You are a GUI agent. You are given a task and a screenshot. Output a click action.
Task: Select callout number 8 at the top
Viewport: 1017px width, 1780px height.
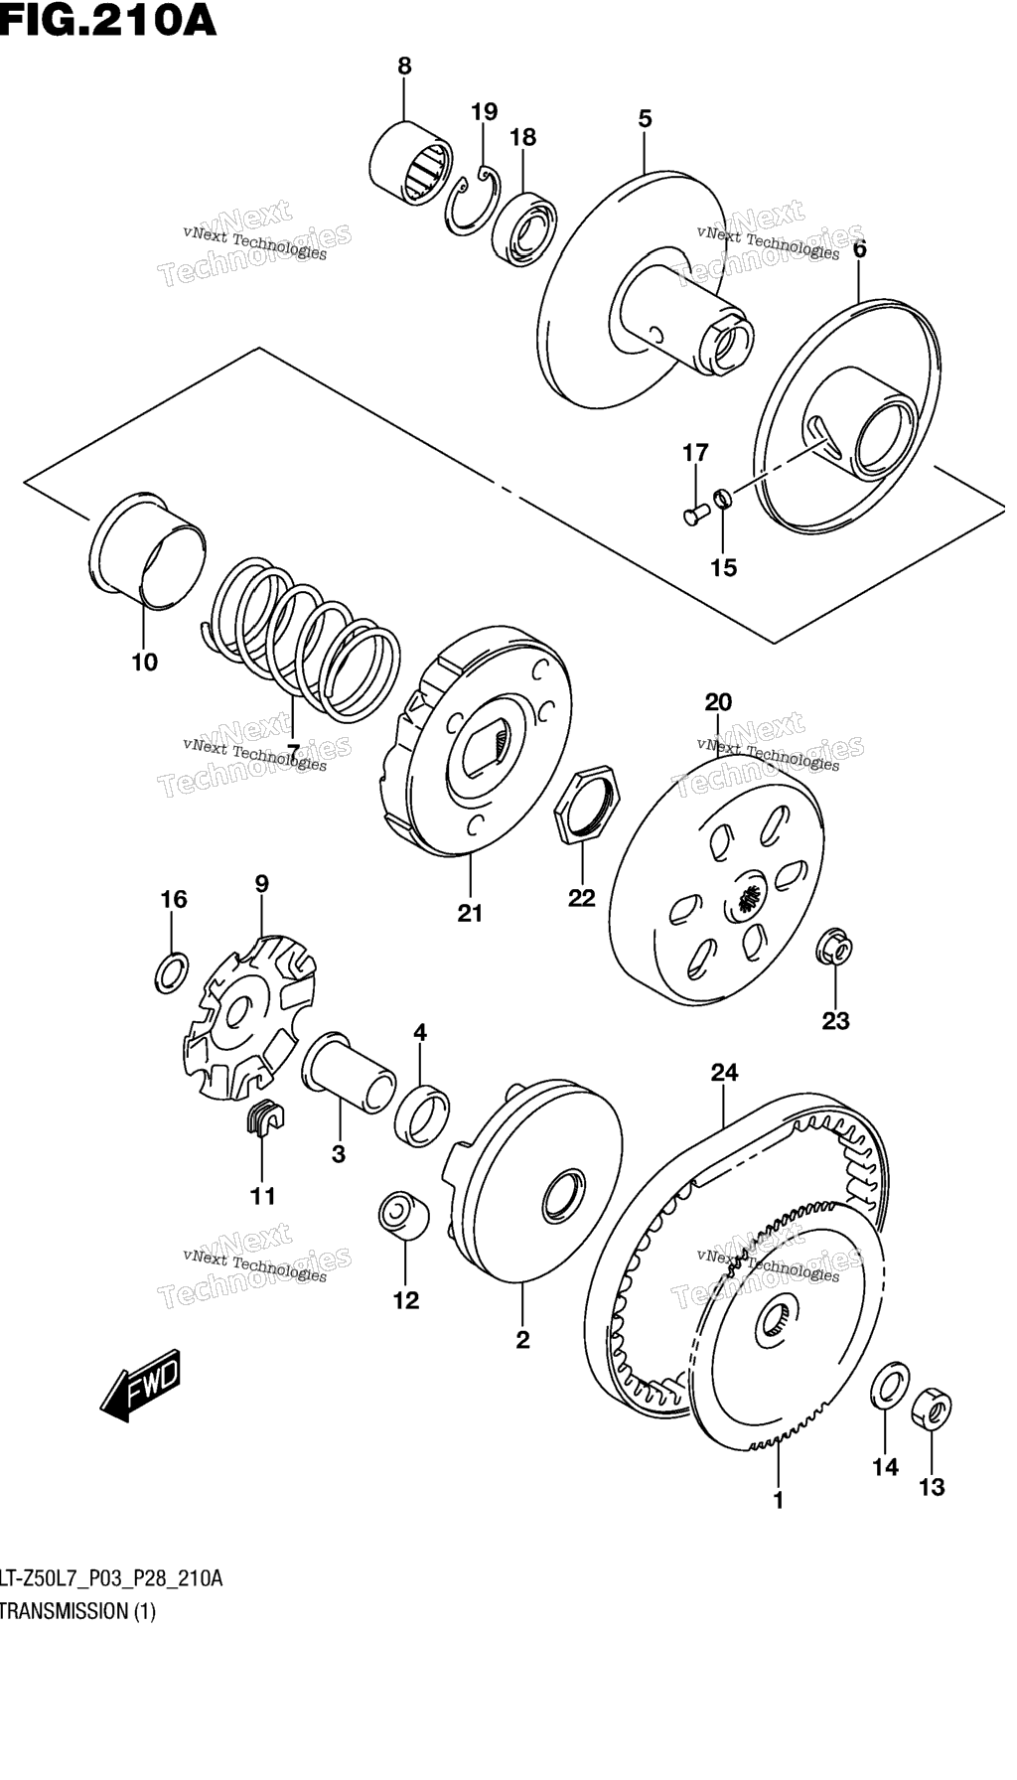pos(404,67)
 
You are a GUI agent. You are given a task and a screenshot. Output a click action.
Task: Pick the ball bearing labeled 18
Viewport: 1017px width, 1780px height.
pos(525,229)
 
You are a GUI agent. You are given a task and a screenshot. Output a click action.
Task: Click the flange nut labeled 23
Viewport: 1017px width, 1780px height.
pos(836,949)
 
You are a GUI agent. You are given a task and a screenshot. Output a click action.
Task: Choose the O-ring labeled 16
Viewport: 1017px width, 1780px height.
pos(172,972)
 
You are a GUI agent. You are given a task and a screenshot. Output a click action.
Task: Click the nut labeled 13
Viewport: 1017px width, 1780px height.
pos(932,1411)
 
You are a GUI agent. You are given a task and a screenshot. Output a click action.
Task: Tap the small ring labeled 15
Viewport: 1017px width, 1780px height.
pos(724,497)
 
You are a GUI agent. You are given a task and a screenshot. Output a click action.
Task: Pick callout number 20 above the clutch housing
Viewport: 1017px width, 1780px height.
pos(718,702)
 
